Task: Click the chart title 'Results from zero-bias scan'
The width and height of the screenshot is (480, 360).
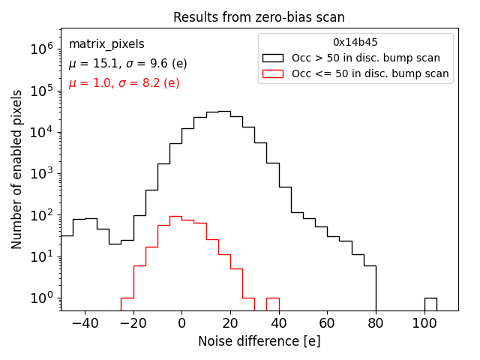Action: [259, 17]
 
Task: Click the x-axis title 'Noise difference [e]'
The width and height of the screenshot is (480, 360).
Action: [259, 341]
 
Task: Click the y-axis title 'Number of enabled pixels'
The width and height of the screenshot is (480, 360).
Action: [17, 169]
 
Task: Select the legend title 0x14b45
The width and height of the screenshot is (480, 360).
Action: [355, 43]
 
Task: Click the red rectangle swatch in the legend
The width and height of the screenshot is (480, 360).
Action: [273, 73]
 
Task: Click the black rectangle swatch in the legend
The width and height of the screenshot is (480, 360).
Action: [273, 58]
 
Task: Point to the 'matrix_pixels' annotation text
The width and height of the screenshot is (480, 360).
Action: [106, 44]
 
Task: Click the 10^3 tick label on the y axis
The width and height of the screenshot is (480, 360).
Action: [39, 174]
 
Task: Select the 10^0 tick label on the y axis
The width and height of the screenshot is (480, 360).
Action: [39, 298]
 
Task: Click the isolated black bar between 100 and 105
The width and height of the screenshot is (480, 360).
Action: [430, 304]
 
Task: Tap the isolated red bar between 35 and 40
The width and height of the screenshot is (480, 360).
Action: [273, 304]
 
